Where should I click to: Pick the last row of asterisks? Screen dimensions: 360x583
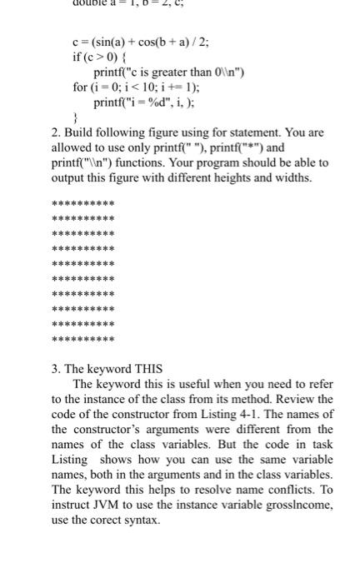point(83,340)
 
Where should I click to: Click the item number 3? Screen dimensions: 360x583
point(56,368)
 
